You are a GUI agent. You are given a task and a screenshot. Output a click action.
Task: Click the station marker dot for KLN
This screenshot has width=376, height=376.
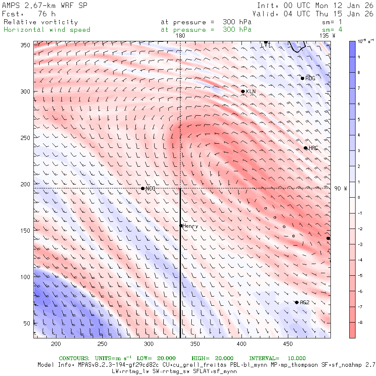[x=243, y=91]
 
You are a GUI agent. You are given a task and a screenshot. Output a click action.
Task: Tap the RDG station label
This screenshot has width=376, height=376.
[x=310, y=79]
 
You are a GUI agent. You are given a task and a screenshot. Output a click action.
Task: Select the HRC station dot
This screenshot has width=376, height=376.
[x=305, y=148]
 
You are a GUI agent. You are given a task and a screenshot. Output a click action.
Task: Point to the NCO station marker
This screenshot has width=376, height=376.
[x=142, y=188]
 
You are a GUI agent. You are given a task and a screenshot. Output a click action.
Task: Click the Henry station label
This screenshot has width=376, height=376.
[x=190, y=226]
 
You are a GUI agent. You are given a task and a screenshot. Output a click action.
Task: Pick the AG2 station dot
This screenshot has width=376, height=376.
[x=297, y=302]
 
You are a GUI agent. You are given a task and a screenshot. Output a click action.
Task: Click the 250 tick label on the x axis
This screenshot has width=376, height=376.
[x=102, y=344]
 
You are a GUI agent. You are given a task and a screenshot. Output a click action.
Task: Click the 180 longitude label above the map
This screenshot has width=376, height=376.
[x=180, y=36]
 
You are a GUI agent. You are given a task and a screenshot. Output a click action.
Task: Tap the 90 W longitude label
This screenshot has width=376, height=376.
[x=340, y=188]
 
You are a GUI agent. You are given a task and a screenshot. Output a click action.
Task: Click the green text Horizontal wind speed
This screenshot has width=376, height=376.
[x=47, y=30]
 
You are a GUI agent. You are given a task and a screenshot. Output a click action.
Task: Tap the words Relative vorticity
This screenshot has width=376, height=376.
[x=41, y=22]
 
